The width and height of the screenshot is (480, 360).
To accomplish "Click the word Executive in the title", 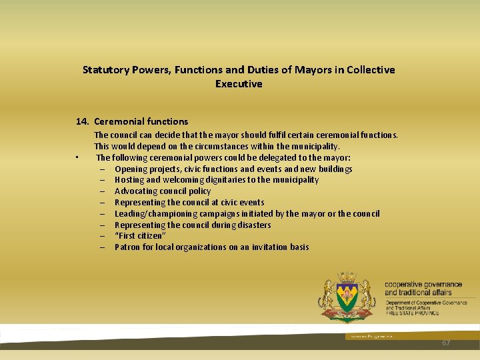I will point(239,84).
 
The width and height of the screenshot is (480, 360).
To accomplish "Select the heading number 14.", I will point(83,121).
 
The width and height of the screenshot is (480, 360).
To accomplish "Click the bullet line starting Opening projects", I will point(233,169).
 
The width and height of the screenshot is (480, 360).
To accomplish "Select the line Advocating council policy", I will point(163,191).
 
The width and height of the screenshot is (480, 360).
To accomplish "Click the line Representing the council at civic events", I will point(189,203).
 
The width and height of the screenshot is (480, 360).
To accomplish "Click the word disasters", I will point(253,225).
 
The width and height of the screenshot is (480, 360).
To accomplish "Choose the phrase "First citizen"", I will point(140,236).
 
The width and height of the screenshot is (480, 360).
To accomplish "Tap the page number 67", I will point(446,343).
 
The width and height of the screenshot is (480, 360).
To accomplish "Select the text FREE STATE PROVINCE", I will point(412,313).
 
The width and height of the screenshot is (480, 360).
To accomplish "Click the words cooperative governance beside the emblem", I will point(423,285).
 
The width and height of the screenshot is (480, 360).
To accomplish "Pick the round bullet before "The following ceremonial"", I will point(77,158).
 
